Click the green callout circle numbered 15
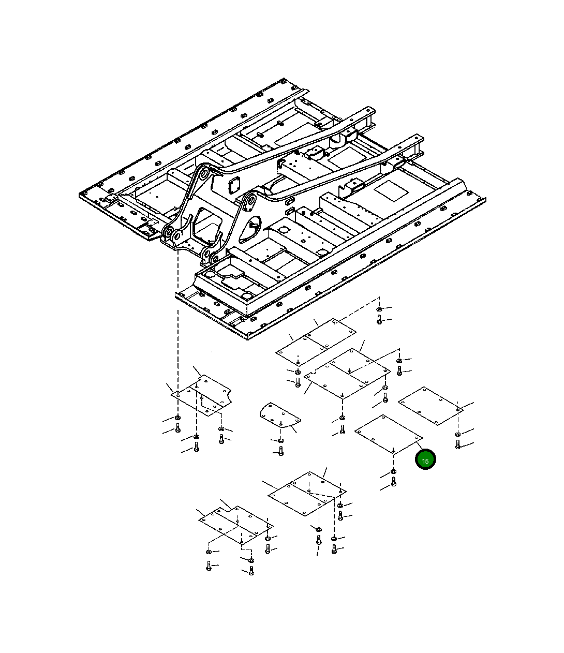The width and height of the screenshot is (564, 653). point(425,461)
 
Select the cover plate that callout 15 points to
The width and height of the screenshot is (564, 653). point(389,435)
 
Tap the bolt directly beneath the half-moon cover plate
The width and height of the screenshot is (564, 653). point(281,451)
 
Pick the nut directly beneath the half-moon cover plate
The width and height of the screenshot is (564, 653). point(280,440)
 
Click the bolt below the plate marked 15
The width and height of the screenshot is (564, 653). point(393,481)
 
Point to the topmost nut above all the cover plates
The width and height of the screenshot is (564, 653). point(379,309)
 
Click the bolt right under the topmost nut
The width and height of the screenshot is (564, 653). point(379,319)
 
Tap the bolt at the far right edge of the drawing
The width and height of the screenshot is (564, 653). point(457,444)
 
